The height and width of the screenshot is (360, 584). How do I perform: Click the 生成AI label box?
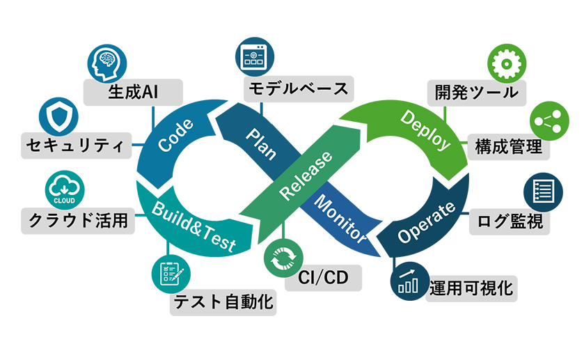click(x=134, y=92)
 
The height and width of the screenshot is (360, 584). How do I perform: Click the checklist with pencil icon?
click(x=168, y=274)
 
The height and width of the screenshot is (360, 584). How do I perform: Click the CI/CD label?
click(x=324, y=278)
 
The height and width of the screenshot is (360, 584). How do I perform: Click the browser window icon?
click(x=253, y=56)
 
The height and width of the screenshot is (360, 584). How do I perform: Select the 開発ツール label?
click(x=477, y=91)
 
